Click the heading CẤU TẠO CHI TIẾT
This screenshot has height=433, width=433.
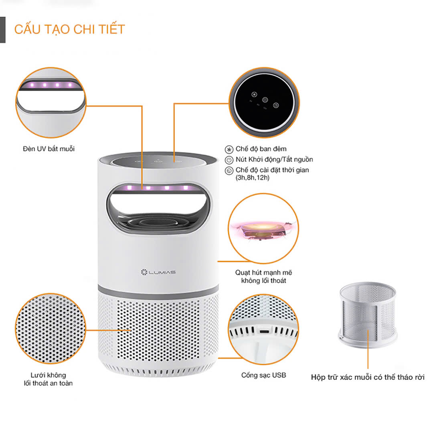70,29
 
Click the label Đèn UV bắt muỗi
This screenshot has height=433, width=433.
49,149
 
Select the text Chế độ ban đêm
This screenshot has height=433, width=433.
261,149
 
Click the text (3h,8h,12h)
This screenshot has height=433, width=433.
253,177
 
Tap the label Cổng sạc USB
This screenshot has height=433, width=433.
263,375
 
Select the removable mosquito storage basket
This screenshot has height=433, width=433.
368,314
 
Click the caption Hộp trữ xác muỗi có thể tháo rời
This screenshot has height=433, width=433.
368,377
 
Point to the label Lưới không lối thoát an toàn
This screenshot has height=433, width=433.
48,379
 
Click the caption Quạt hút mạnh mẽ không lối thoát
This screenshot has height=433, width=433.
263,277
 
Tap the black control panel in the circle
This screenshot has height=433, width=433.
264,101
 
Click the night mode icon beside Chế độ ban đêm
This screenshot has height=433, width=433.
229,150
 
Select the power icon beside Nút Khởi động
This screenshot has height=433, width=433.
229,160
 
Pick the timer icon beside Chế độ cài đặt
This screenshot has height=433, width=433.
229,170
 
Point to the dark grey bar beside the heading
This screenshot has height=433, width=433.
3,30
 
